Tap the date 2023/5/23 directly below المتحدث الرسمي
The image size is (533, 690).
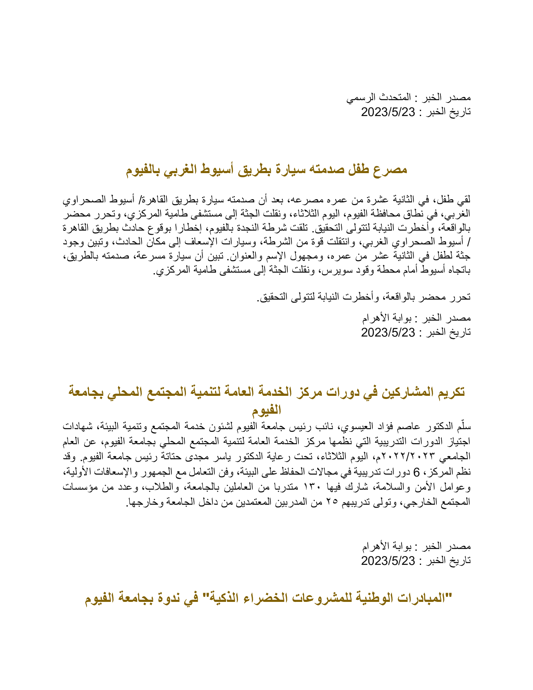pyautogui.click(x=388, y=112)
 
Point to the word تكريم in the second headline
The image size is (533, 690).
pyautogui.click(x=450, y=392)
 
